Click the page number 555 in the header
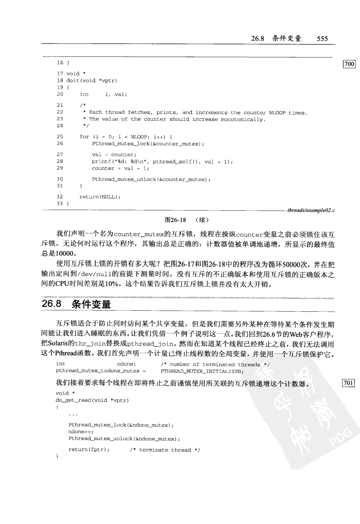pos(322,38)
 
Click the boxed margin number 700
pos(349,64)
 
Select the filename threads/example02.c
pos(311,210)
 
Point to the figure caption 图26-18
pos(175,220)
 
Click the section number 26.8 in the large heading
pos(51,304)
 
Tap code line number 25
pos(60,136)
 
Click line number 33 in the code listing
pos(60,203)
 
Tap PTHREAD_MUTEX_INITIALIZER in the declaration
pos(201,371)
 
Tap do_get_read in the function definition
pos(73,400)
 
